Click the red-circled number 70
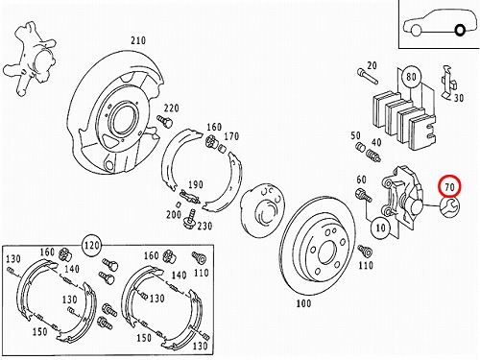point(449,186)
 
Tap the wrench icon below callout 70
point(449,206)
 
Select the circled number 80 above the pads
point(411,77)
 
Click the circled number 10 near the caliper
point(380,228)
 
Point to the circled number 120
point(92,246)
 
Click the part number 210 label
point(138,40)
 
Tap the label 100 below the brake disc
point(303,303)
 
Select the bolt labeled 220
point(165,121)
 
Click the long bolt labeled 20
point(368,76)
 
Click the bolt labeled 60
point(363,195)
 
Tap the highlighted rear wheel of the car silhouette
point(460,31)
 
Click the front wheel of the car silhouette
point(416,30)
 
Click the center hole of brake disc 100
point(327,252)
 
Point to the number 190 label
point(196,184)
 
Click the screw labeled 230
point(190,219)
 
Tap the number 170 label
point(231,136)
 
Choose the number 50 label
point(355,135)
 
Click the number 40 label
point(376,142)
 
